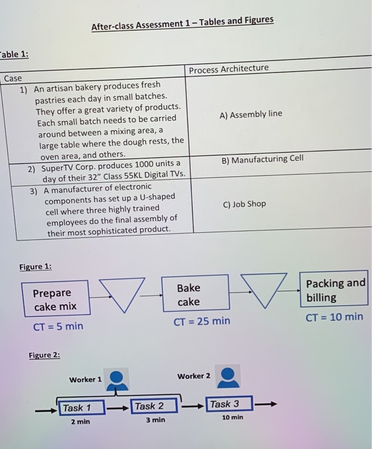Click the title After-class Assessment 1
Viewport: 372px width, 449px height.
(x=182, y=24)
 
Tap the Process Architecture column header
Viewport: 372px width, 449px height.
(x=229, y=69)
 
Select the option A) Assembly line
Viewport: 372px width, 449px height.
(x=251, y=114)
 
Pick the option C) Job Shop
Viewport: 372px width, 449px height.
(x=244, y=204)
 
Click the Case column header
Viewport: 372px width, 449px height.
(x=13, y=78)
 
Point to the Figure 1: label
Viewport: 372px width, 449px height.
(x=35, y=266)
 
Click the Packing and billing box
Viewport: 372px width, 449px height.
(x=335, y=290)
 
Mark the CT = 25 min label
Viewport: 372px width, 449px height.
(x=201, y=321)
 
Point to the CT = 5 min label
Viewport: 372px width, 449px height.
(x=58, y=326)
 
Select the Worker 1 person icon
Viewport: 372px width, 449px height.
(x=116, y=380)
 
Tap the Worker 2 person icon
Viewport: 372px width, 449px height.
(x=228, y=377)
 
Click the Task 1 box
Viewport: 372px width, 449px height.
(x=77, y=407)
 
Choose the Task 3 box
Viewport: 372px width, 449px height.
(x=224, y=404)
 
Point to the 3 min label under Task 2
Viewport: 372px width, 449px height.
(x=155, y=420)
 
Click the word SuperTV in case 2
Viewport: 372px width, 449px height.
(x=58, y=167)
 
